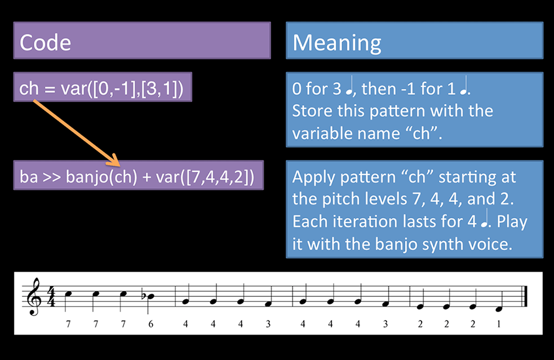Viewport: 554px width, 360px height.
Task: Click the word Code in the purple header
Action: click(x=45, y=43)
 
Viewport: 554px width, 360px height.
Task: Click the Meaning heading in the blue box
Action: click(x=337, y=43)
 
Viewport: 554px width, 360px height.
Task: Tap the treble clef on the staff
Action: click(x=36, y=296)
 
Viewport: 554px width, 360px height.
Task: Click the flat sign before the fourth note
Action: click(x=143, y=296)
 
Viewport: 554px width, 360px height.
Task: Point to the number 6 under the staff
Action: click(x=151, y=324)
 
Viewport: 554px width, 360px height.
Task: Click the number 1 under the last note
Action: click(x=499, y=324)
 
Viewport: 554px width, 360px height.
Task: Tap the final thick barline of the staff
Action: click(x=525, y=296)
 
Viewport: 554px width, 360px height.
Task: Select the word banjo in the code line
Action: click(x=87, y=177)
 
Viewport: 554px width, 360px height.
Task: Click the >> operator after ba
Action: click(x=52, y=177)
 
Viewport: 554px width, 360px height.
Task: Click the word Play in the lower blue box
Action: click(x=512, y=222)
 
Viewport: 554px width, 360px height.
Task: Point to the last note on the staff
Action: click(x=499, y=309)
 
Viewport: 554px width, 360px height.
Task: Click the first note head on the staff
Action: click(x=68, y=294)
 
